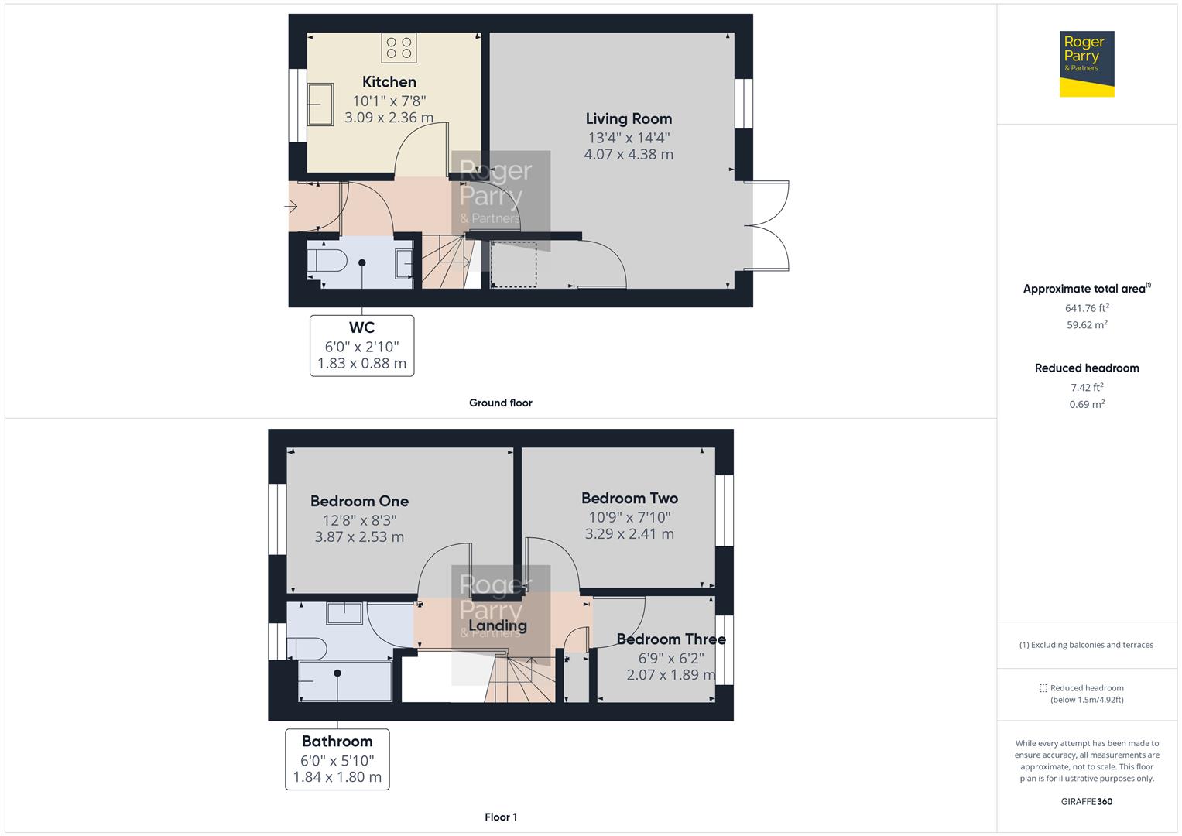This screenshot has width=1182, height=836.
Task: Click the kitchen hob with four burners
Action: click(399, 47)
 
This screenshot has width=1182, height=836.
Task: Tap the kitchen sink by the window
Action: click(320, 104)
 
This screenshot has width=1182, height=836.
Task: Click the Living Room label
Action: click(628, 118)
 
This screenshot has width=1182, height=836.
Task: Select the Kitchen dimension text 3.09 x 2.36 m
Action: click(389, 118)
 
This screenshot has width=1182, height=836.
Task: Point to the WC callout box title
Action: click(361, 327)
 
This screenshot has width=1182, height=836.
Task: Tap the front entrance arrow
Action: click(292, 207)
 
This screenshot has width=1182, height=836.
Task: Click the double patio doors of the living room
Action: click(767, 225)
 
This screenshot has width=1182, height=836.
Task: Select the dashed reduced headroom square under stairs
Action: click(513, 264)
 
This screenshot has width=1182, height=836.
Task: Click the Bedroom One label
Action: click(359, 501)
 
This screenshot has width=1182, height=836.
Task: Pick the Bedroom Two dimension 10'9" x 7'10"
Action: click(629, 517)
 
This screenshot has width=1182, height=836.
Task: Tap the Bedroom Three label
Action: click(670, 639)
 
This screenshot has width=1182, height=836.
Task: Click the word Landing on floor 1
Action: click(497, 625)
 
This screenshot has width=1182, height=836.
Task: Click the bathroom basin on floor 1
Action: click(344, 613)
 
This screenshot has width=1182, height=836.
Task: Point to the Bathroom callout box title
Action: click(337, 741)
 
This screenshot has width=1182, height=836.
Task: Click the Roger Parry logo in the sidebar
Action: click(1086, 63)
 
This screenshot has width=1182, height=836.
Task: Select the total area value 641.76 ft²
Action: click(1086, 308)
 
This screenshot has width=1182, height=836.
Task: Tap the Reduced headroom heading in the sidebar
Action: click(1086, 368)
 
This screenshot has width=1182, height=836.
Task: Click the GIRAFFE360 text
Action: click(1086, 801)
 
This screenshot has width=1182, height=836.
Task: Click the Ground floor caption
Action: click(500, 403)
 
